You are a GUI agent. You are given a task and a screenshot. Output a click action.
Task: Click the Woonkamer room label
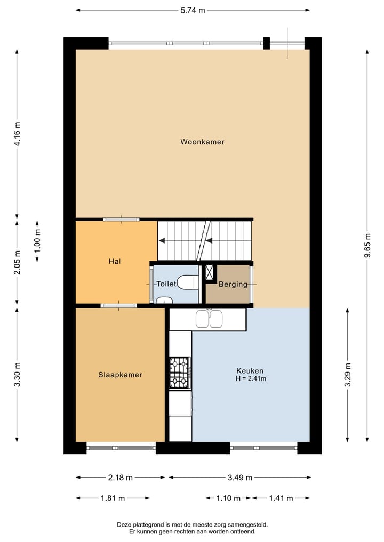click(202, 142)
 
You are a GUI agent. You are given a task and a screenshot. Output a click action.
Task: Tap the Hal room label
click(115, 261)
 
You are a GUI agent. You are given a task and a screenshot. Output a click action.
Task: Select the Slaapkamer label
click(120, 375)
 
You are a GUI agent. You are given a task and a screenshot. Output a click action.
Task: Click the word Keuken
click(250, 370)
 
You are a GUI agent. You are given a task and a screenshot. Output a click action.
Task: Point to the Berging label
click(233, 284)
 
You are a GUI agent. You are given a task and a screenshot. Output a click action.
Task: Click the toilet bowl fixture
click(187, 282)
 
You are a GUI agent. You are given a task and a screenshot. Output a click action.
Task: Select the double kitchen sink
click(209, 319)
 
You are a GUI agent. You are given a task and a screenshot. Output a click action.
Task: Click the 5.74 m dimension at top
click(192, 10)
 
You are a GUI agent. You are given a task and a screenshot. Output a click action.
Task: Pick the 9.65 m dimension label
click(367, 245)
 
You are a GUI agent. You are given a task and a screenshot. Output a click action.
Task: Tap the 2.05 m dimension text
click(17, 263)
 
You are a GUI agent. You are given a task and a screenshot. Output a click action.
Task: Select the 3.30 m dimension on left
click(17, 375)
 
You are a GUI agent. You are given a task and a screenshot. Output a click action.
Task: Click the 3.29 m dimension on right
click(348, 375)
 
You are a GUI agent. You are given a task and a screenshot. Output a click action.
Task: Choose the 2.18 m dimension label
click(120, 478)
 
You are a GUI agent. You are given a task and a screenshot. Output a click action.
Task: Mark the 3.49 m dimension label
click(239, 478)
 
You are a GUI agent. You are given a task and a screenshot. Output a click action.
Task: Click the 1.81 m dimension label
click(112, 498)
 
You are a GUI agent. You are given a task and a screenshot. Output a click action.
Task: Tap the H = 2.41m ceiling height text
click(251, 378)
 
